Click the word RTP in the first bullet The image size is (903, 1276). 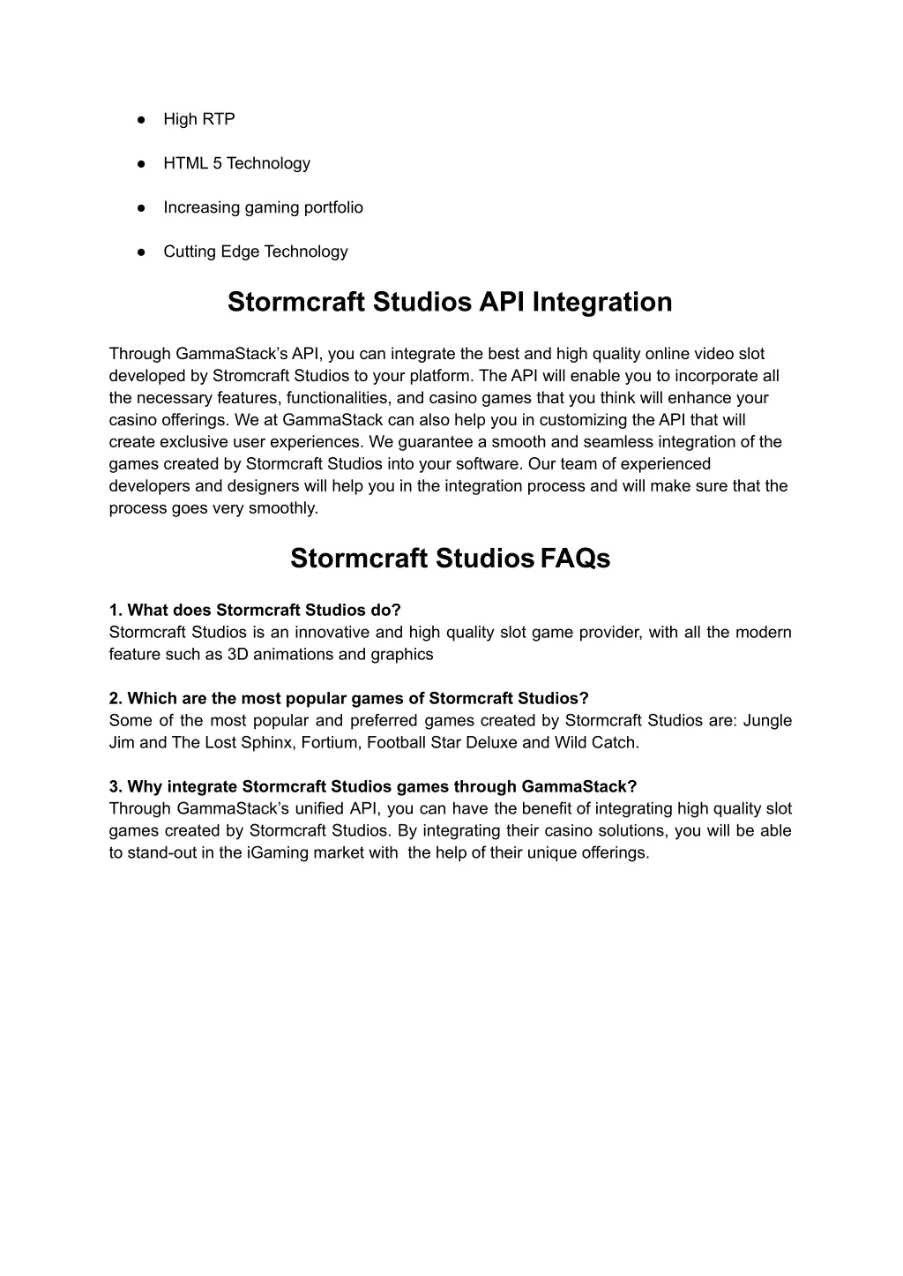(219, 119)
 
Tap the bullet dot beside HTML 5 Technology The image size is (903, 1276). (140, 163)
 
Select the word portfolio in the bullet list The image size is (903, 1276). (333, 207)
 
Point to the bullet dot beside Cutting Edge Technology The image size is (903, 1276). (140, 251)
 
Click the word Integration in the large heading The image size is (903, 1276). (601, 302)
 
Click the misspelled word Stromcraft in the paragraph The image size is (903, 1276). (249, 376)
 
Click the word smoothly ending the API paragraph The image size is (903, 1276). (284, 508)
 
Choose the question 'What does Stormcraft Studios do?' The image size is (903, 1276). (255, 610)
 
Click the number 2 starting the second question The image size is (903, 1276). (114, 698)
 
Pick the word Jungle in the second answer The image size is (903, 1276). (767, 720)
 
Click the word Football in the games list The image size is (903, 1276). (396, 742)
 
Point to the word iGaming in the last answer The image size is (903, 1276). (276, 852)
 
